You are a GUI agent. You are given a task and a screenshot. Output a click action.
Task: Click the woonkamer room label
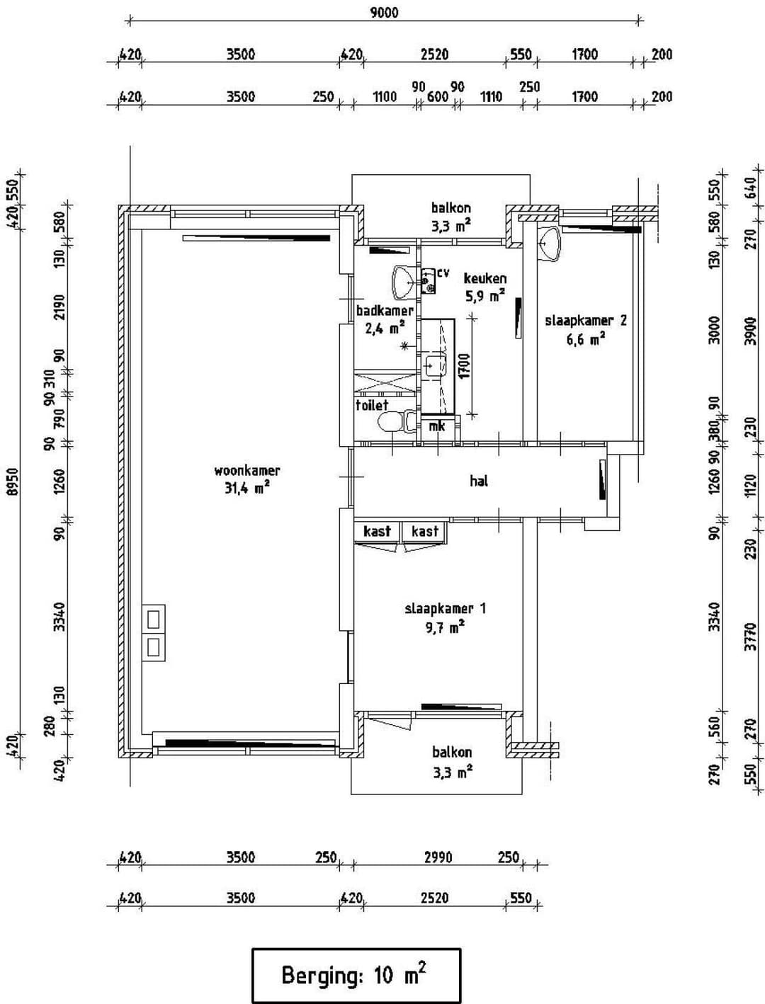pyautogui.click(x=246, y=471)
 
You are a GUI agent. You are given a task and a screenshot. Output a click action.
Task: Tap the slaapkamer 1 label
pyautogui.click(x=445, y=609)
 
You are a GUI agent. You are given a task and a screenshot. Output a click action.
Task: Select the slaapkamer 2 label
pyautogui.click(x=585, y=321)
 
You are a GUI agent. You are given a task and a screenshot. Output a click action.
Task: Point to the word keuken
pyautogui.click(x=485, y=279)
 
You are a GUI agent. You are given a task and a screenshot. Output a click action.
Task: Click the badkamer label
pyautogui.click(x=385, y=311)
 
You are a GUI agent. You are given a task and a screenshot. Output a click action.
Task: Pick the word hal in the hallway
pyautogui.click(x=479, y=481)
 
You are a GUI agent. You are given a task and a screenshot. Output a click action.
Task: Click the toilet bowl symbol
pyautogui.click(x=391, y=423)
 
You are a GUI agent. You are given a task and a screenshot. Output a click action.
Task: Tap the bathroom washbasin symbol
pyautogui.click(x=405, y=281)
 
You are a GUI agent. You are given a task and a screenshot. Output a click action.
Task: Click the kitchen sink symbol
pyautogui.click(x=434, y=366)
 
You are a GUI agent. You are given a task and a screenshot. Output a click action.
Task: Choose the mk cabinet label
pyautogui.click(x=437, y=426)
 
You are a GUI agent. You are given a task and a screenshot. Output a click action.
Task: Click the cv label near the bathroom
pyautogui.click(x=443, y=273)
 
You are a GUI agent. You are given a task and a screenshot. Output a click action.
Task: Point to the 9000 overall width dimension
pyautogui.click(x=384, y=12)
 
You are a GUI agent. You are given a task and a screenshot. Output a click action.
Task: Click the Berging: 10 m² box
pyautogui.click(x=356, y=975)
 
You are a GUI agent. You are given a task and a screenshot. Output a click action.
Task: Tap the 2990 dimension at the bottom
pyautogui.click(x=438, y=857)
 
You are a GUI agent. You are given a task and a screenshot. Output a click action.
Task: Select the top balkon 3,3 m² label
pyautogui.click(x=451, y=216)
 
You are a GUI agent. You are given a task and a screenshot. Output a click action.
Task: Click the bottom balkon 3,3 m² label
pyautogui.click(x=452, y=761)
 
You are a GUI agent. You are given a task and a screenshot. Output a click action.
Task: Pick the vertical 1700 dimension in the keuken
pyautogui.click(x=465, y=366)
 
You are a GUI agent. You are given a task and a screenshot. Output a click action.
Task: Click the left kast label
pyautogui.click(x=377, y=531)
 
